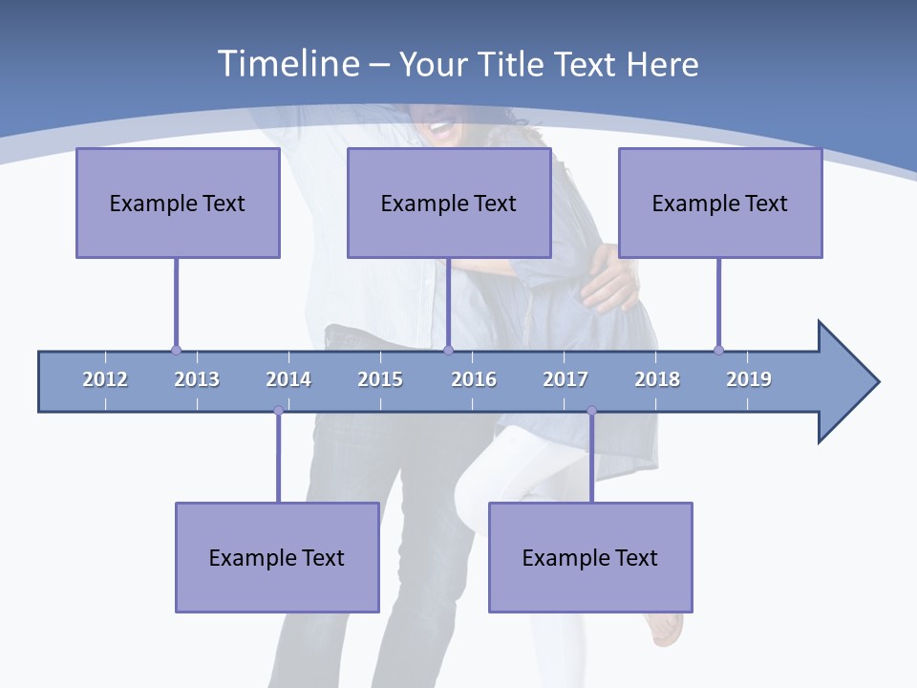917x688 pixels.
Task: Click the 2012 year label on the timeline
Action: point(105,379)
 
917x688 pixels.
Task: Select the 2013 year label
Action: point(197,379)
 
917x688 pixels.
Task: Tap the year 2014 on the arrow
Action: point(288,379)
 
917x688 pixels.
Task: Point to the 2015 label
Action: point(380,379)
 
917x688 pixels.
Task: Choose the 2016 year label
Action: point(474,379)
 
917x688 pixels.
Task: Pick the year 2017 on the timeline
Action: point(565,379)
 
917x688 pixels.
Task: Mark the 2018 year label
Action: point(657,379)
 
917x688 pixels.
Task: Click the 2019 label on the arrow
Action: point(749,379)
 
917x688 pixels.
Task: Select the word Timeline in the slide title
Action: point(288,64)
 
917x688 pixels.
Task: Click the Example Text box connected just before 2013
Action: point(178,203)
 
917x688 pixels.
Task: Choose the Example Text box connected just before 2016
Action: point(449,203)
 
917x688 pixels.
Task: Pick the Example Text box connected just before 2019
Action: point(720,203)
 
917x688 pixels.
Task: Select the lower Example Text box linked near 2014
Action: point(277,557)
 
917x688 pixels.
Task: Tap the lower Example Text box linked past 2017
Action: point(590,557)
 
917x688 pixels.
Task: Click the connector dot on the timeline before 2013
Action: point(176,350)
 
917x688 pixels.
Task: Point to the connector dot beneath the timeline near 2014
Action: point(278,411)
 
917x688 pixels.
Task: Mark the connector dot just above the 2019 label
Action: point(718,350)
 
